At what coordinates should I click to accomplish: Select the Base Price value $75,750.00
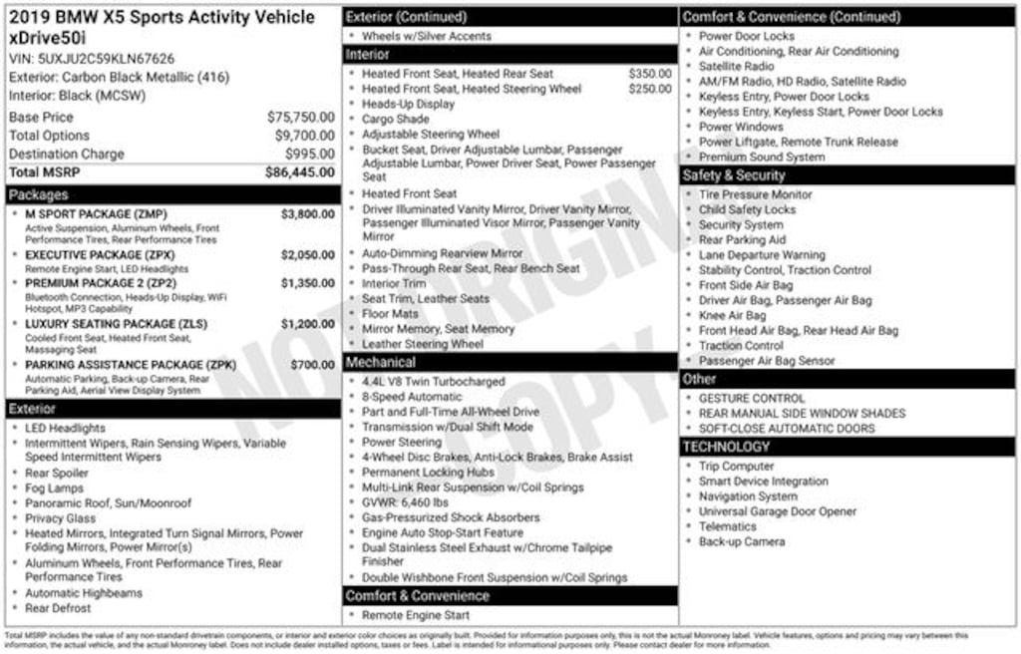[300, 117]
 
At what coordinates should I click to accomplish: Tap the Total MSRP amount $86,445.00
[299, 172]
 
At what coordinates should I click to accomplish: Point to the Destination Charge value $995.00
[309, 154]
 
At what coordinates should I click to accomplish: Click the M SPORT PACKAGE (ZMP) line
[96, 214]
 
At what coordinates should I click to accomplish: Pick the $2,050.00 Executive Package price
[307, 255]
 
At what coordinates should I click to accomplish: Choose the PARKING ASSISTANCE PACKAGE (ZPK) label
[131, 365]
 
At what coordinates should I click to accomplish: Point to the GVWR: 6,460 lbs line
[405, 502]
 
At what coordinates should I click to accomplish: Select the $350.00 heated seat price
[649, 74]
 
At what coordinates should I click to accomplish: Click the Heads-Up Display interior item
[408, 104]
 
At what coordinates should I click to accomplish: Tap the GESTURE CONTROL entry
[752, 399]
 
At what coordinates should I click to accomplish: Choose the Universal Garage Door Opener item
[777, 511]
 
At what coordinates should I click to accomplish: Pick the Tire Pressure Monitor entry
[755, 195]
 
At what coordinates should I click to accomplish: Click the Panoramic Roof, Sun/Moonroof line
[108, 503]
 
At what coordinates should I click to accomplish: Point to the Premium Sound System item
[761, 158]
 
